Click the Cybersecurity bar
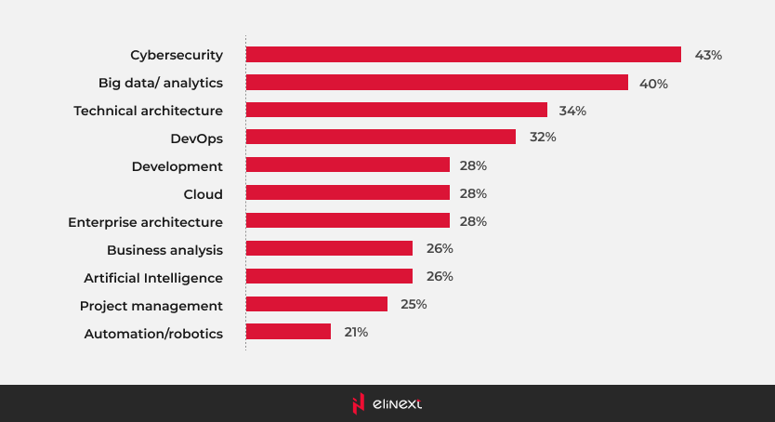(463, 55)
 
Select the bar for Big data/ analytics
(437, 83)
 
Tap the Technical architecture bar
(396, 111)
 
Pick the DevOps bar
(380, 138)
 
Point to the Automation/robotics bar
(288, 332)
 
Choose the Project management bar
(316, 304)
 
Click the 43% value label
(708, 55)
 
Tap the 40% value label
(653, 83)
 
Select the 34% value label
(572, 111)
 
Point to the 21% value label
(355, 332)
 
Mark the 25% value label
(413, 304)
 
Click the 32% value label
(543, 138)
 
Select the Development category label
(177, 166)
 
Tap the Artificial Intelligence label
(153, 277)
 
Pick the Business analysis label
(164, 249)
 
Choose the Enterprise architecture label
(145, 221)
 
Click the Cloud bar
(348, 193)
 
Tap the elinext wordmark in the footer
(397, 403)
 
